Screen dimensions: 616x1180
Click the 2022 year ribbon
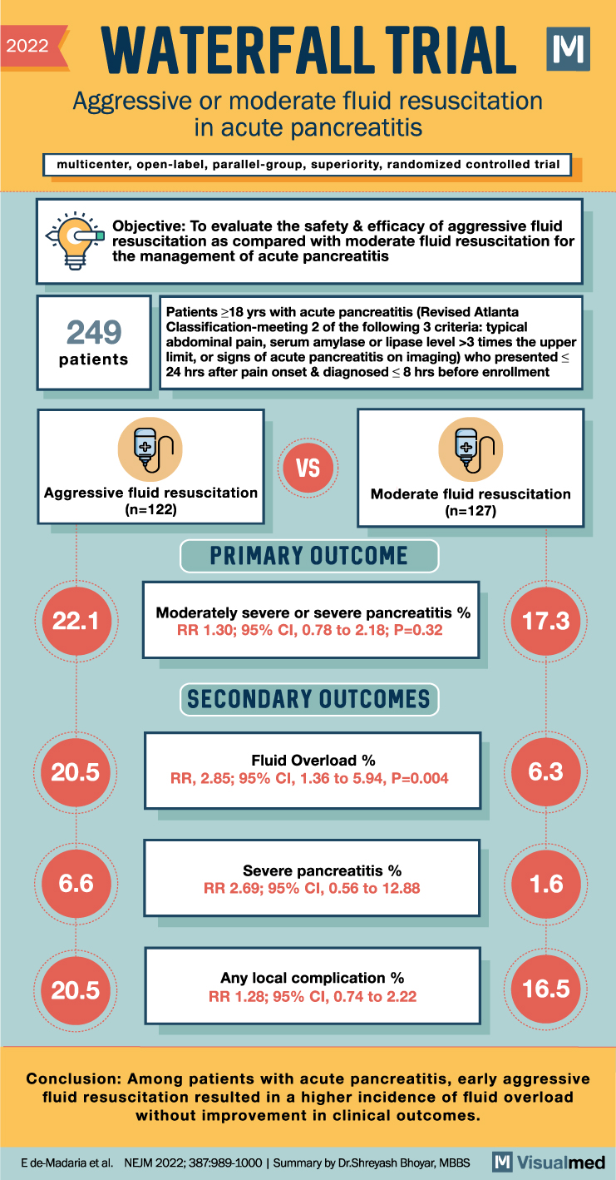click(x=32, y=47)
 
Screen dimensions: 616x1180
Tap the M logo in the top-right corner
click(x=568, y=49)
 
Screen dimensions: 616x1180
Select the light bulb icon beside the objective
click(x=75, y=240)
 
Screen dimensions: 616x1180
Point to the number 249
click(x=94, y=332)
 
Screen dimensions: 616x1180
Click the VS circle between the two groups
click(x=308, y=468)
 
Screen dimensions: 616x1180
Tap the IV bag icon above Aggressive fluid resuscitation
click(x=150, y=449)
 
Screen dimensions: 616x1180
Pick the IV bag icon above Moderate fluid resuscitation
click(x=471, y=449)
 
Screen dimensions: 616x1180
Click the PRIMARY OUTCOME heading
click(x=309, y=556)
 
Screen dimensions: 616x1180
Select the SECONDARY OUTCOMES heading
click(x=309, y=699)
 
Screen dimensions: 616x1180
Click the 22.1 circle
click(x=76, y=621)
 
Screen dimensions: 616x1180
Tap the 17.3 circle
click(x=546, y=621)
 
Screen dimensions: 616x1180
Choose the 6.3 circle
click(x=546, y=771)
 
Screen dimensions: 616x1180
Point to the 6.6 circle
click(x=76, y=884)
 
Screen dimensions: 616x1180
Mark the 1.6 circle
click(x=546, y=884)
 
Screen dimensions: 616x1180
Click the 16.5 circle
click(x=546, y=989)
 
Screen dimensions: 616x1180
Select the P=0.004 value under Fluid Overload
click(x=420, y=779)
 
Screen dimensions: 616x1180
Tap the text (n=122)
click(x=151, y=509)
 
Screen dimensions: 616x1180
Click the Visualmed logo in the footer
click(x=549, y=1162)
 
